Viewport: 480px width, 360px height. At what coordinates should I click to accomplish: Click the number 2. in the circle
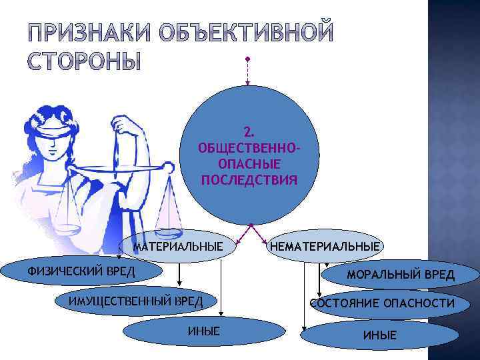(249, 130)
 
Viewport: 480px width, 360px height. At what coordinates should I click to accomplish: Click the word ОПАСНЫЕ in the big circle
(249, 163)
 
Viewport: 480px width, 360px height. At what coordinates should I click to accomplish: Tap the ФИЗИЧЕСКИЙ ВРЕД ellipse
(81, 271)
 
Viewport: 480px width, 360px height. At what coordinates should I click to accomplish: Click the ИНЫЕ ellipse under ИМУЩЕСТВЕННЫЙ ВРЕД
(203, 331)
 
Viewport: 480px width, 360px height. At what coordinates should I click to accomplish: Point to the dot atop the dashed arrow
(247, 58)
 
